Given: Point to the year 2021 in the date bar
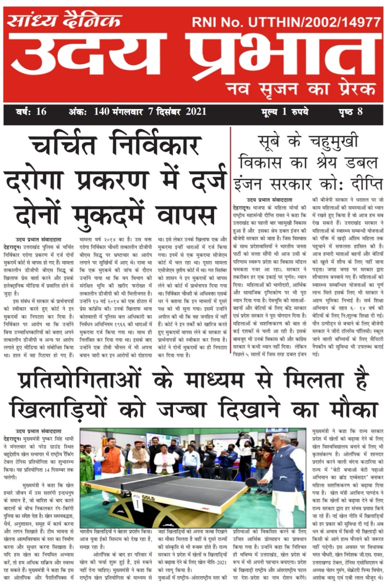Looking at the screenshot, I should click(x=196, y=111).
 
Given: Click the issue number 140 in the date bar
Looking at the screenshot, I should click(x=101, y=111).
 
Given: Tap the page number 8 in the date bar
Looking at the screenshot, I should click(x=360, y=111).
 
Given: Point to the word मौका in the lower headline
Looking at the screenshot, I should click(x=353, y=408).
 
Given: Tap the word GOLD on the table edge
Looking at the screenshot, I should click(x=148, y=498).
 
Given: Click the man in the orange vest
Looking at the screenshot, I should click(x=111, y=462).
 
